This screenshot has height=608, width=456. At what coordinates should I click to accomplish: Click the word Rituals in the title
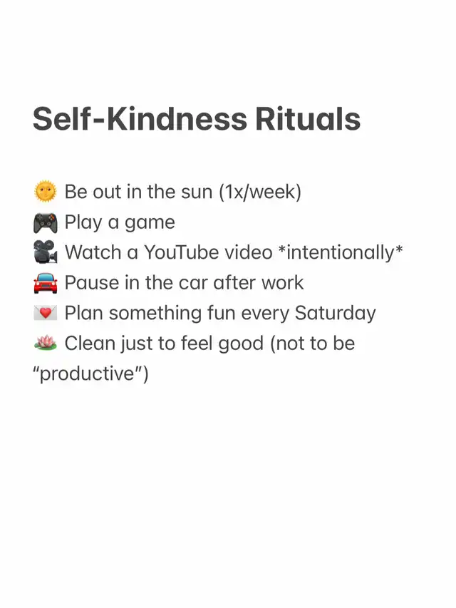[308, 118]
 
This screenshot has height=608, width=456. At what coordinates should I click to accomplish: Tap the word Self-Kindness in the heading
[140, 118]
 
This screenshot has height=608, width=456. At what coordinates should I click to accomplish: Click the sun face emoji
[46, 191]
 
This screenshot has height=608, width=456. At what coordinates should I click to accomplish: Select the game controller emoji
[46, 223]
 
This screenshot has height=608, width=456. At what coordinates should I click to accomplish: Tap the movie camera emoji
[46, 252]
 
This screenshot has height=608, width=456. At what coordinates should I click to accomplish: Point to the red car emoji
[46, 283]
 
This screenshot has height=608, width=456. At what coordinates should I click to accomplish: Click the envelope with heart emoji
[46, 313]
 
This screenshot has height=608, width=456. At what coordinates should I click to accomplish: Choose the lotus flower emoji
[46, 343]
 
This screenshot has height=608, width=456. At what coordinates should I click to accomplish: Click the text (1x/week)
[260, 192]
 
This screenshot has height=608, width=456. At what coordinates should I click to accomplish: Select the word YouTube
[209, 252]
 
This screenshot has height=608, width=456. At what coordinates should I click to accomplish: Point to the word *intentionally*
[341, 253]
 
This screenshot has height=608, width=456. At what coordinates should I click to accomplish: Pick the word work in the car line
[282, 283]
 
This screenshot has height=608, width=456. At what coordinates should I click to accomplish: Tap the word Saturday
[336, 314]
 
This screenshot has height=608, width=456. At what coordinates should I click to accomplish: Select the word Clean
[90, 344]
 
